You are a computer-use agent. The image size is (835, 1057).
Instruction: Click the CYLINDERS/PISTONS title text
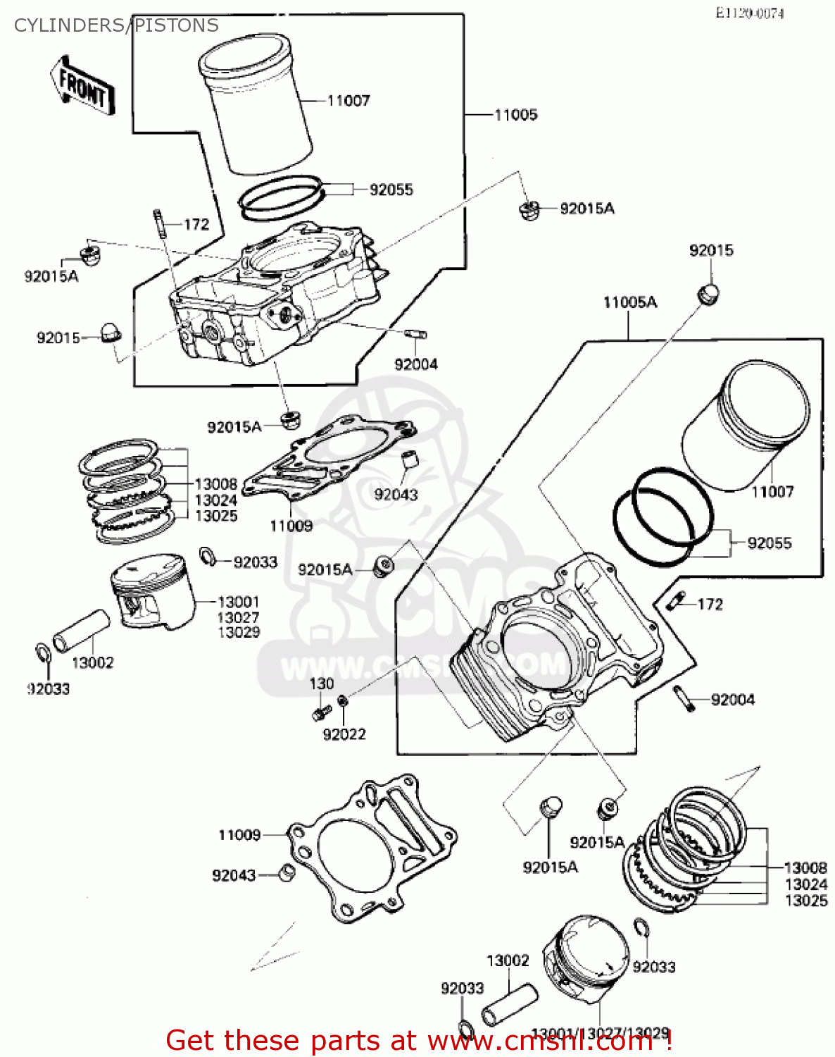coord(116,25)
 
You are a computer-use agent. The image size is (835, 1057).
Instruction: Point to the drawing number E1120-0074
coord(749,13)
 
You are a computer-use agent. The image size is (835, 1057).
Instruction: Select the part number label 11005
coord(515,115)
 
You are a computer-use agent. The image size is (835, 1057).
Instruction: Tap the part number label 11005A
coord(629,302)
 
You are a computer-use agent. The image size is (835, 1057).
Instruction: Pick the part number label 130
coord(322,684)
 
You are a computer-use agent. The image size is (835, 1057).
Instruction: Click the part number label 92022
coord(344,734)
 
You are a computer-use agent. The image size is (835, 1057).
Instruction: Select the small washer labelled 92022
coord(342,700)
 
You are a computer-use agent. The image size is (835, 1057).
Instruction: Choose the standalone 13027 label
coord(238,617)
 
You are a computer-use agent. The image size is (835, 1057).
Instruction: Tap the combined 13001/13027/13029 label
coord(600,1033)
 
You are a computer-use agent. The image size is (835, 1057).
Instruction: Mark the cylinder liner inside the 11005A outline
coord(746,426)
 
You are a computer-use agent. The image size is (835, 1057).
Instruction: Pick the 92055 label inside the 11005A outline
coord(770,543)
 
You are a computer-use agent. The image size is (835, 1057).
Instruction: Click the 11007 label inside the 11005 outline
coord(349,101)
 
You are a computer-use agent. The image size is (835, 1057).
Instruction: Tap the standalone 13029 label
coord(238,632)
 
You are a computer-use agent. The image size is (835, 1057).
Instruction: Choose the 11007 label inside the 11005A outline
coord(772,492)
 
